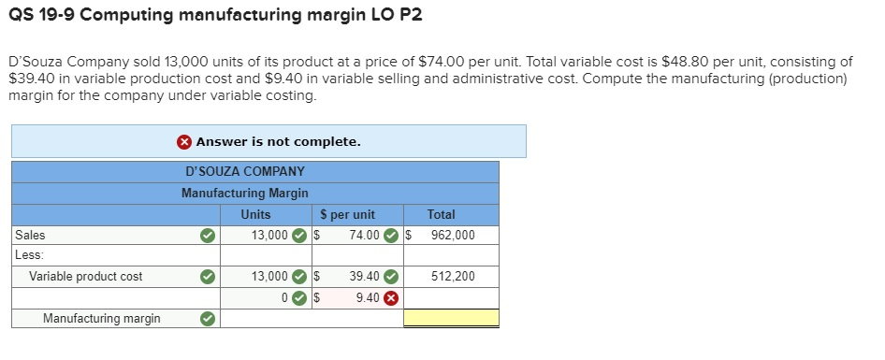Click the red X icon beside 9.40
tap(391, 298)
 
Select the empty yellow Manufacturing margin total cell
tap(451, 318)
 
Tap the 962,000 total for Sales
tap(453, 235)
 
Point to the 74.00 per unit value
tap(363, 235)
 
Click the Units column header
tap(255, 214)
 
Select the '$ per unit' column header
tap(347, 214)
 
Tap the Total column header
tap(441, 214)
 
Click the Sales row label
tap(30, 235)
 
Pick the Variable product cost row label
tap(86, 276)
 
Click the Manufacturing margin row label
tap(101, 318)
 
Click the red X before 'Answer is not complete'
tap(185, 142)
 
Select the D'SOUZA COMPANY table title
tap(245, 171)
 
